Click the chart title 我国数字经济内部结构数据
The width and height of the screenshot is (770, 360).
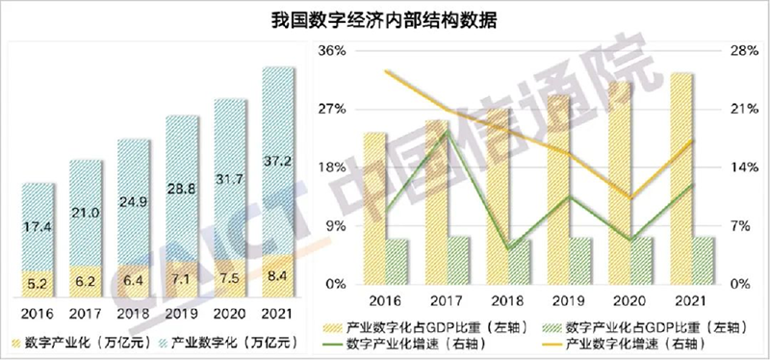[x=384, y=18]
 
